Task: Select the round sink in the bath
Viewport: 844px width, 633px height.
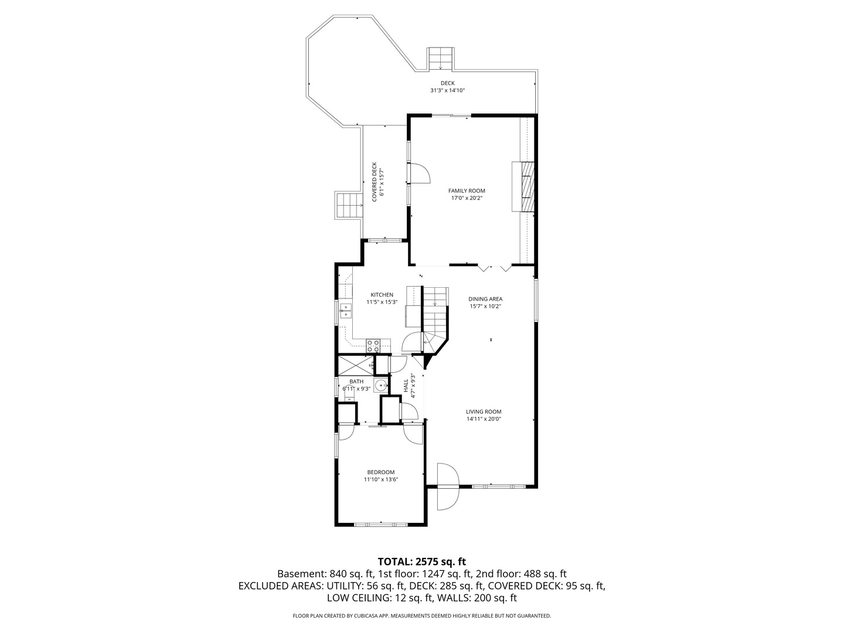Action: [x=380, y=385]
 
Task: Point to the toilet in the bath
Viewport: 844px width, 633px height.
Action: [x=349, y=396]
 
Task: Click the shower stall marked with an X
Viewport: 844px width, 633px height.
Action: [x=356, y=366]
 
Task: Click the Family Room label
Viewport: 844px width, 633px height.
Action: [x=467, y=190]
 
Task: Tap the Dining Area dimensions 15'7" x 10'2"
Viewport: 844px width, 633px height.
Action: [x=485, y=307]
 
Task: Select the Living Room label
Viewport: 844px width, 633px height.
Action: [x=484, y=411]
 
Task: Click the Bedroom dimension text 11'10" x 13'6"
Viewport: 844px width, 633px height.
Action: [x=380, y=479]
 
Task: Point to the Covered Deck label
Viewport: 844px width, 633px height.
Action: [x=374, y=182]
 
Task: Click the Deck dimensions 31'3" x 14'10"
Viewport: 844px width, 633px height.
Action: [x=448, y=90]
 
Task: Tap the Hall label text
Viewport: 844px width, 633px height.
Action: [x=406, y=386]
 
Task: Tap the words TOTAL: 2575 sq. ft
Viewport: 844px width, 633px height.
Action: [x=422, y=562]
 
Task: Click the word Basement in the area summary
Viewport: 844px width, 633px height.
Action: [x=302, y=574]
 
